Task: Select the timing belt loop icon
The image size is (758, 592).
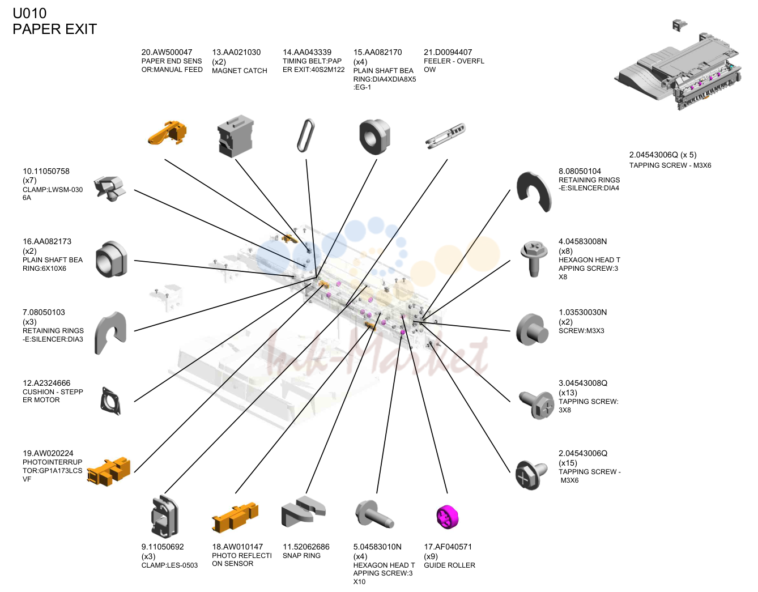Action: tap(306, 135)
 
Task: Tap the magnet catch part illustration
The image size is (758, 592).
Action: tap(236, 136)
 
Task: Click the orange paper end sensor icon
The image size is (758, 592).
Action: tap(167, 133)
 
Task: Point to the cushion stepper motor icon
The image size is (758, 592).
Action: tap(111, 401)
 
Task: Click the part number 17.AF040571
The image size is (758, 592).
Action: tap(448, 547)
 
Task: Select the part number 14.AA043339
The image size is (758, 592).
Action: tap(306, 52)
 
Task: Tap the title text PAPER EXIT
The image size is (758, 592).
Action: tap(55, 29)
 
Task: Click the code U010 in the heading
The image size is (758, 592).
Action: tap(29, 13)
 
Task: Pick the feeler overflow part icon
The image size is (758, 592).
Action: tap(445, 135)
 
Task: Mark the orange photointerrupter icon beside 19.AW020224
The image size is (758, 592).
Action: tap(108, 471)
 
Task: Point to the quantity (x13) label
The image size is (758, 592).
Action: tap(568, 392)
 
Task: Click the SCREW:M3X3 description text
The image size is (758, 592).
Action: tap(581, 330)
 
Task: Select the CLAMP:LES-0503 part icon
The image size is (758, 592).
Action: tap(165, 516)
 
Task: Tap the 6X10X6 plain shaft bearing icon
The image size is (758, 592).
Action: tap(112, 259)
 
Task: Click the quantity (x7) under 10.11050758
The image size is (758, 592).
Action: tap(29, 180)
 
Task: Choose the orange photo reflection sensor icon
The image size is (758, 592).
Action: tap(235, 517)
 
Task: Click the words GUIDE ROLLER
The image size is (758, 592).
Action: tap(449, 565)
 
